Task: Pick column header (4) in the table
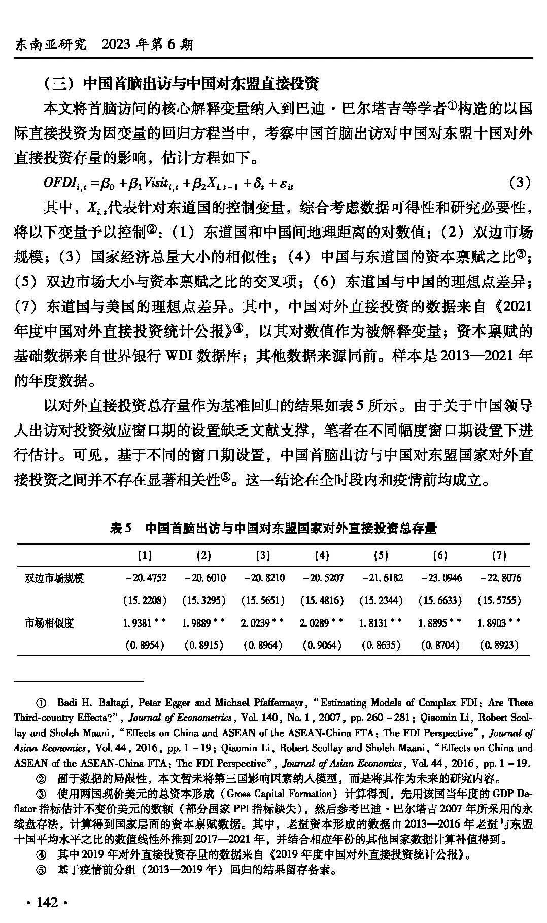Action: click(322, 555)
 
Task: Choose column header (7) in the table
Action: click(499, 555)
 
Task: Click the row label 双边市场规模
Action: click(54, 578)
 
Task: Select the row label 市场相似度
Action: click(49, 622)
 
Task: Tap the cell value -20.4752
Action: click(145, 578)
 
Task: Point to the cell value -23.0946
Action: click(440, 578)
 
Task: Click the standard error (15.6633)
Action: click(440, 600)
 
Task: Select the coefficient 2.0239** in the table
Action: click(262, 622)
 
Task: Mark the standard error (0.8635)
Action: click(381, 645)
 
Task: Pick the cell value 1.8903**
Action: click(499, 622)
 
